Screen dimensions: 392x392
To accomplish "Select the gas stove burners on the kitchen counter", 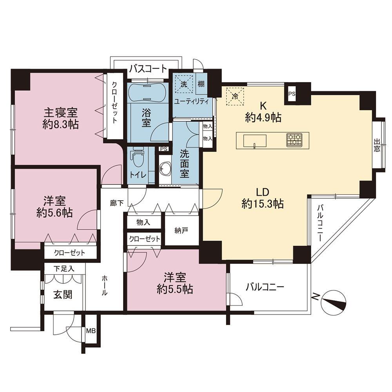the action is click(x=294, y=140).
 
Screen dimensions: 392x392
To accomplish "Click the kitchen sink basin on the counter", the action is click(x=255, y=141).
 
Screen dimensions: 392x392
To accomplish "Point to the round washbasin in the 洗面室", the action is click(x=165, y=169).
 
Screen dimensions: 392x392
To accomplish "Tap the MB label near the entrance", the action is click(x=91, y=331).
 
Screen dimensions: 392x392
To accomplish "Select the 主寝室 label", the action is click(x=61, y=113).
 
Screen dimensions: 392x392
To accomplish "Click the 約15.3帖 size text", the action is click(x=263, y=204).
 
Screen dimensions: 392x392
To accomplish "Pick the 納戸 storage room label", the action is click(x=181, y=231).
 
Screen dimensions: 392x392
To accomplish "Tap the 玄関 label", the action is click(x=63, y=295).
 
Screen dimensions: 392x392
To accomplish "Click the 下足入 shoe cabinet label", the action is click(x=64, y=269).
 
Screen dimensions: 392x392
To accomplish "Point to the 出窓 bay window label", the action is click(x=377, y=145).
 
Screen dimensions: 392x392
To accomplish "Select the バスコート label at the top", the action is click(x=148, y=69).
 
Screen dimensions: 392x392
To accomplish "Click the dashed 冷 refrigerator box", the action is click(x=235, y=96).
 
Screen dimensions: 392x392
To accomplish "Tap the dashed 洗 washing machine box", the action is click(x=184, y=84).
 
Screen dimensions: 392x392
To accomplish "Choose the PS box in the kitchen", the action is click(x=292, y=94).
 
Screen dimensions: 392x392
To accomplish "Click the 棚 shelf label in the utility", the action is click(x=201, y=84).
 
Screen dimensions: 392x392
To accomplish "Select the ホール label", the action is click(x=105, y=285).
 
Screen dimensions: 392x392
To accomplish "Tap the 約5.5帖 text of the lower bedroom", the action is click(x=175, y=289).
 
